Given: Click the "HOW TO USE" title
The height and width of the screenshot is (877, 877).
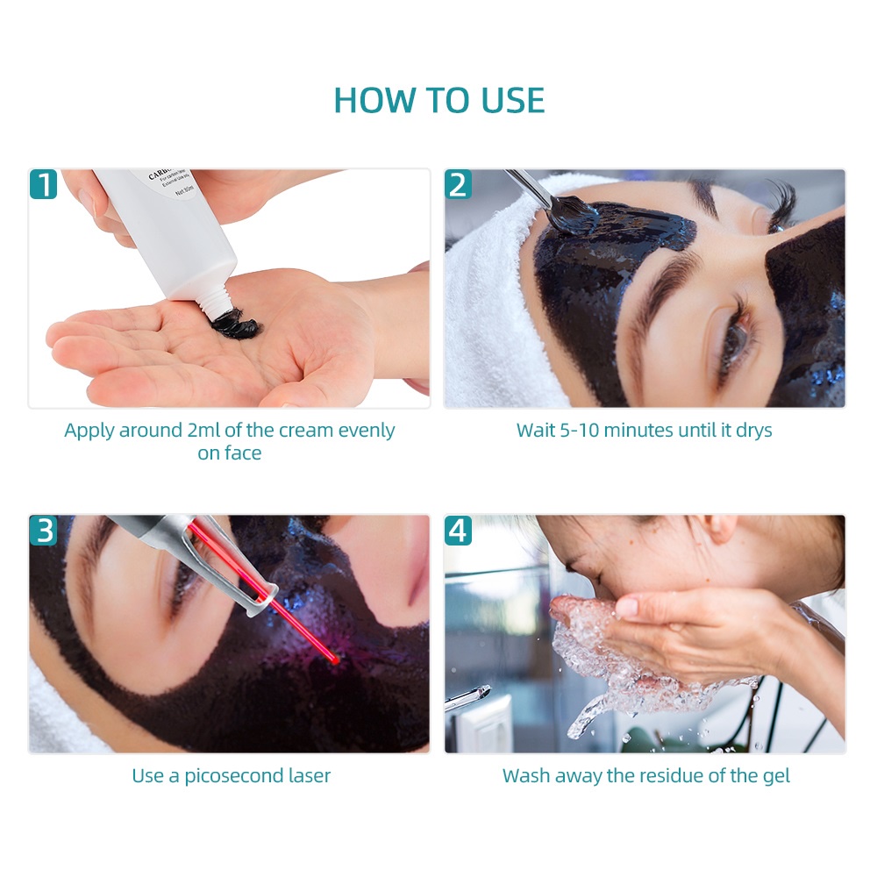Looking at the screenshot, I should [438, 100].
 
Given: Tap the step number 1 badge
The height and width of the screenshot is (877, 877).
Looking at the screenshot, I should [44, 184].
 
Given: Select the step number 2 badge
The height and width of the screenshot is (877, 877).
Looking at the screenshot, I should [458, 184].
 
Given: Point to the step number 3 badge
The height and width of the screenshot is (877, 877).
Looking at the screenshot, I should [44, 531].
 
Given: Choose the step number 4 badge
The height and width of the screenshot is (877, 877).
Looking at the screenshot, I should [458, 531].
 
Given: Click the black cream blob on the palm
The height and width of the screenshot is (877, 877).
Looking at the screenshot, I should [235, 325].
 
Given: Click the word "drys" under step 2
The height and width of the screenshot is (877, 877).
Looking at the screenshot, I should [752, 431].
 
